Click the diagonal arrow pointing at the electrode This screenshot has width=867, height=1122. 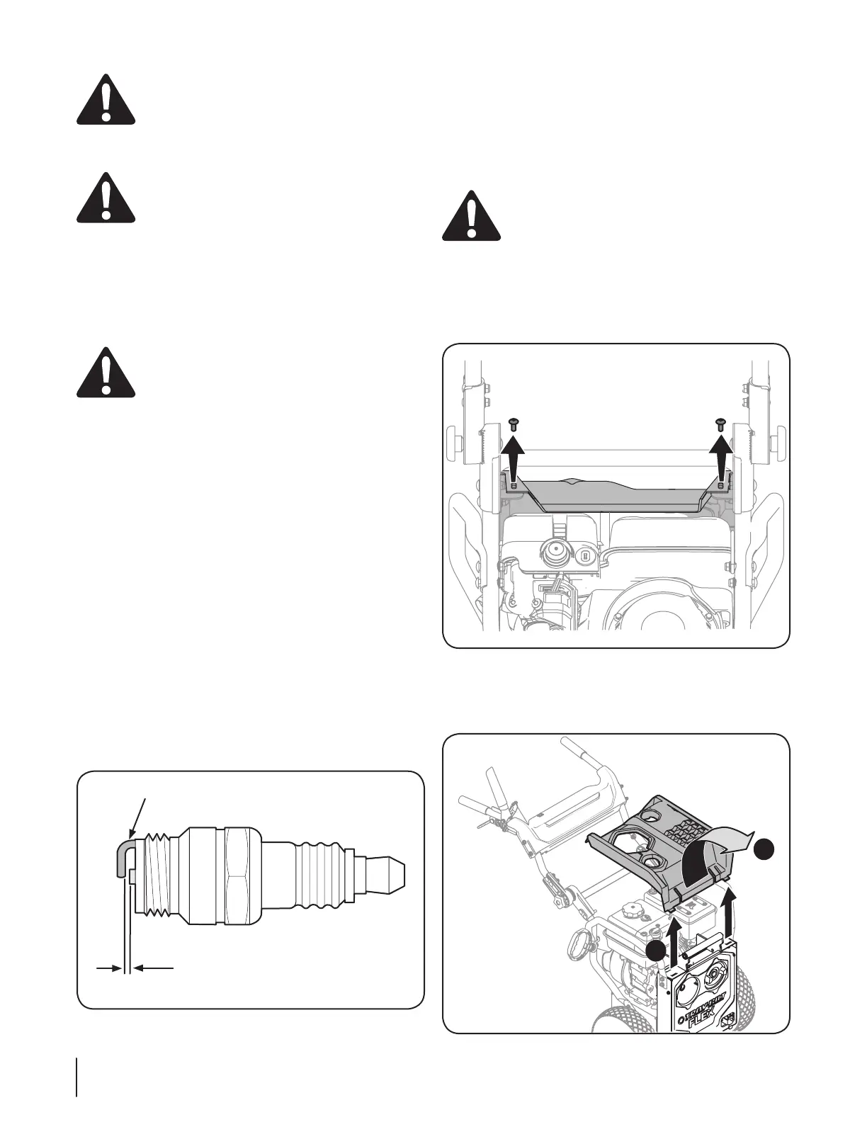coord(138,815)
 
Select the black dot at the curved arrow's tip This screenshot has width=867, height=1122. coord(763,849)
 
